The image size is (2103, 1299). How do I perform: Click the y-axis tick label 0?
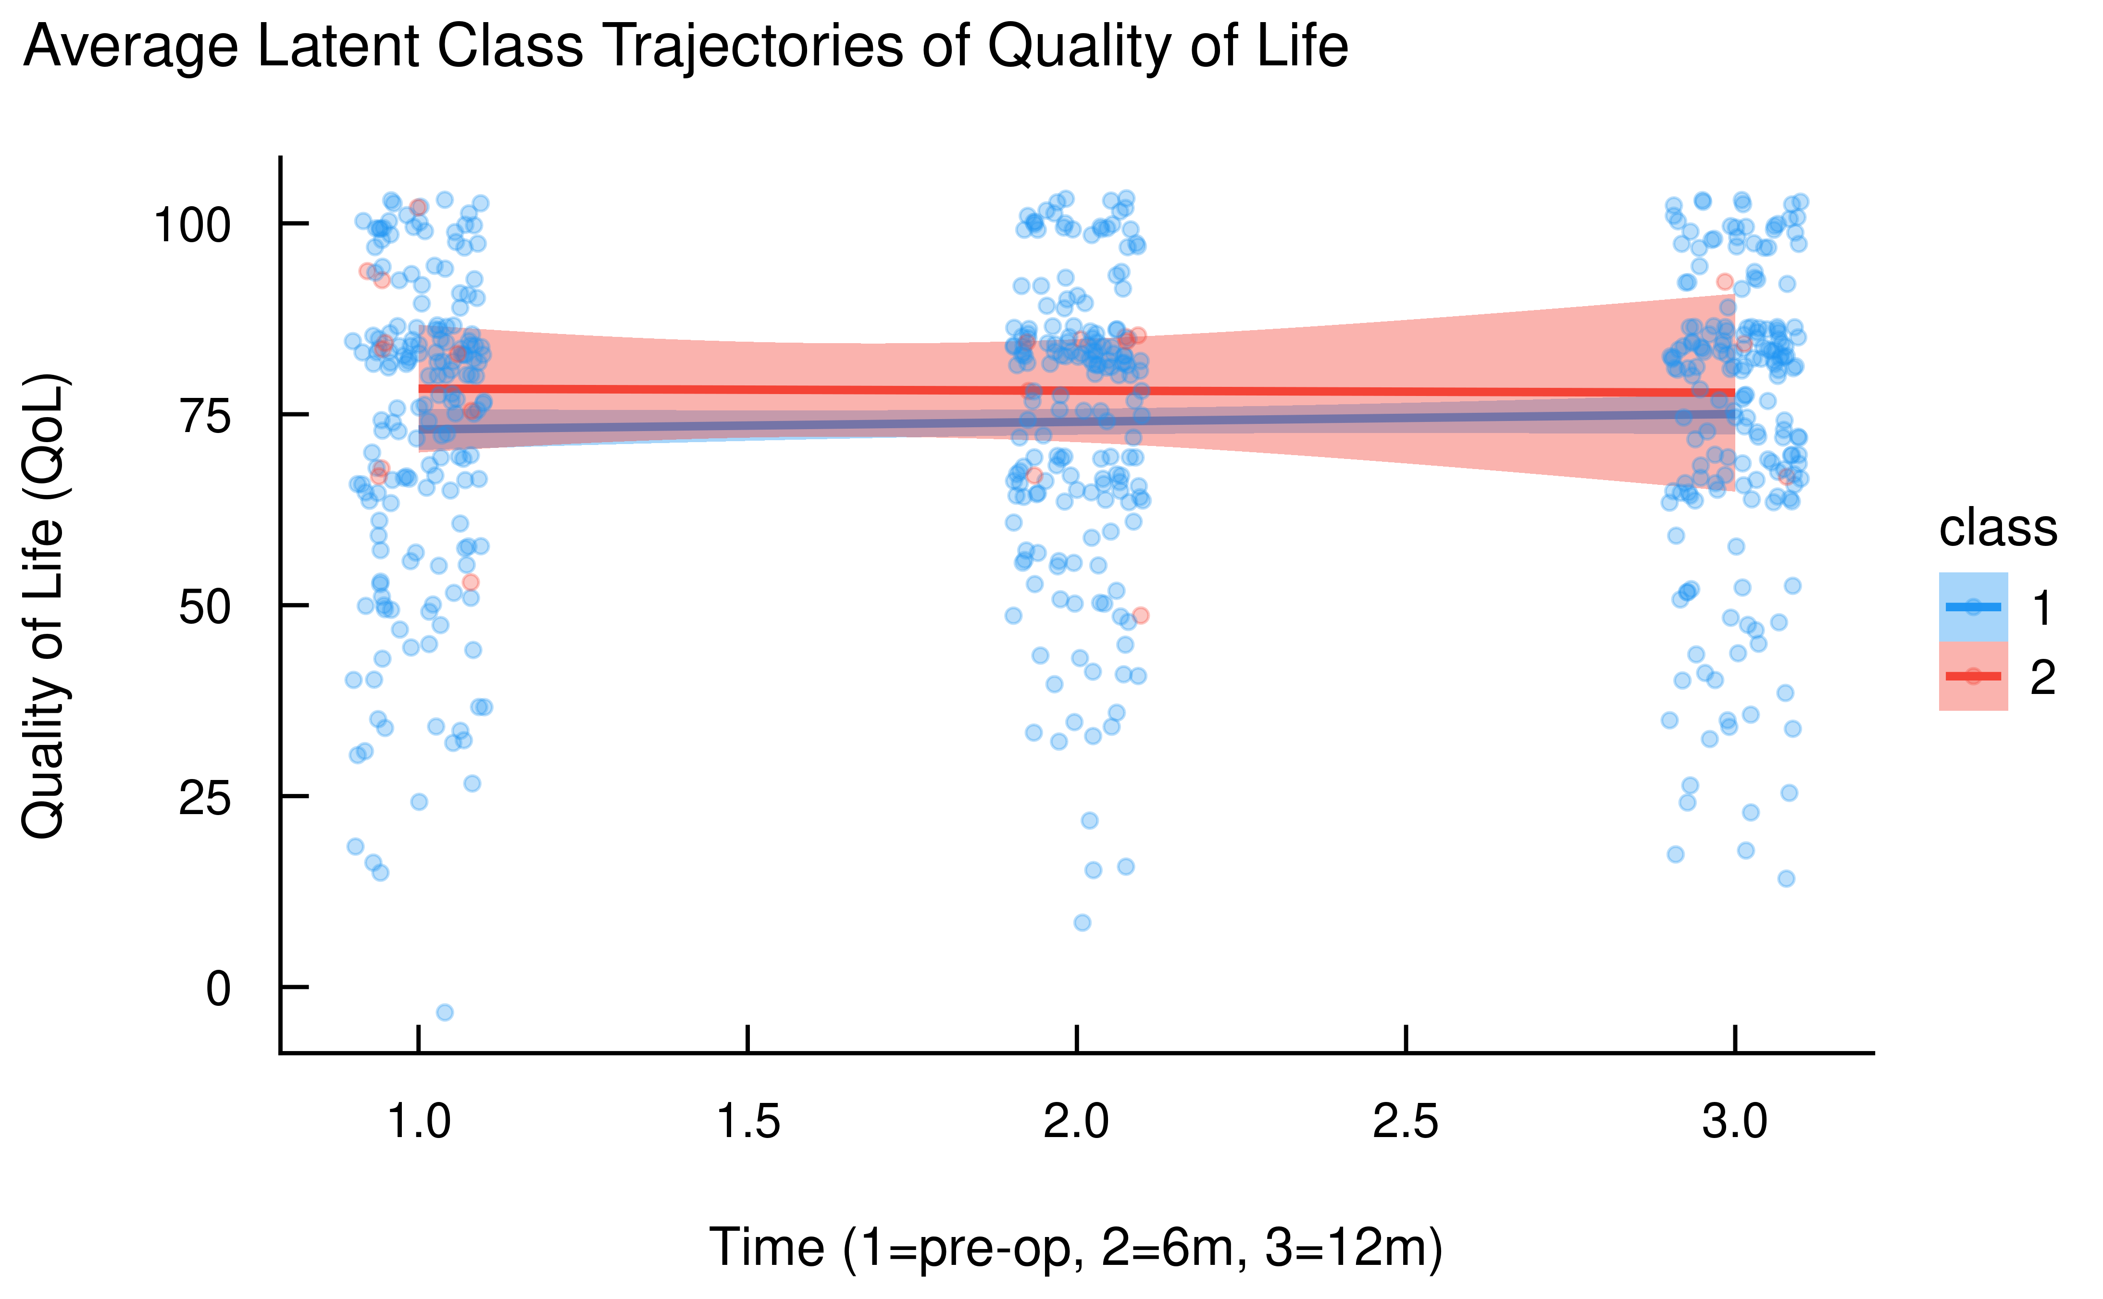coord(218,989)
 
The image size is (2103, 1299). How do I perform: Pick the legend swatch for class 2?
coord(1973,676)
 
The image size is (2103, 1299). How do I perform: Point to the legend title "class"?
coord(1998,528)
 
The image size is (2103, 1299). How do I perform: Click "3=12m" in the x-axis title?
coord(1353,1248)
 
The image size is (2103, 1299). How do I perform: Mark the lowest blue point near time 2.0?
coord(1083,923)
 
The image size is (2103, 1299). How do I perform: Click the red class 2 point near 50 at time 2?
coord(1140,615)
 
